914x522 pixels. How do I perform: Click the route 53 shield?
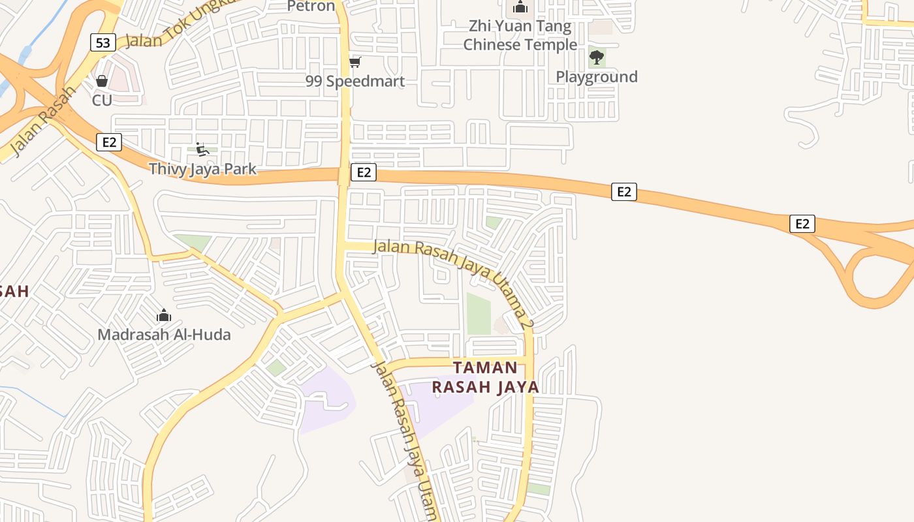tap(103, 43)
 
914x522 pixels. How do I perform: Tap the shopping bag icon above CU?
tap(102, 81)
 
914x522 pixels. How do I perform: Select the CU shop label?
tap(102, 100)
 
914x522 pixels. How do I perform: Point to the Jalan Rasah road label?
tap(39, 124)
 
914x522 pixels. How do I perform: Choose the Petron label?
tap(311, 7)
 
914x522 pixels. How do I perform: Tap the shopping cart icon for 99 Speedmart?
tap(355, 62)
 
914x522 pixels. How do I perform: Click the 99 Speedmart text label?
tap(355, 82)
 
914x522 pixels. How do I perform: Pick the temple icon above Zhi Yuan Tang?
tap(520, 7)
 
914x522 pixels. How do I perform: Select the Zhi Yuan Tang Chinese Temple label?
tap(520, 35)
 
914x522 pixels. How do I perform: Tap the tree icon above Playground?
tap(596, 57)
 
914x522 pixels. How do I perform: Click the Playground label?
tap(596, 77)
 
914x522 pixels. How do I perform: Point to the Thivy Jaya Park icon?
tap(202, 149)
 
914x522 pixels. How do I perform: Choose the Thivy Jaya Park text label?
tap(202, 169)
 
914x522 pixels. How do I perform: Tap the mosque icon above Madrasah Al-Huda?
tap(164, 316)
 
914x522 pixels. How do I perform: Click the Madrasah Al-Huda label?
tap(164, 335)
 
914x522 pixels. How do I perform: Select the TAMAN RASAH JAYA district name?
tap(485, 377)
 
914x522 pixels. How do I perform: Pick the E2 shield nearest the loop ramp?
tap(802, 223)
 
